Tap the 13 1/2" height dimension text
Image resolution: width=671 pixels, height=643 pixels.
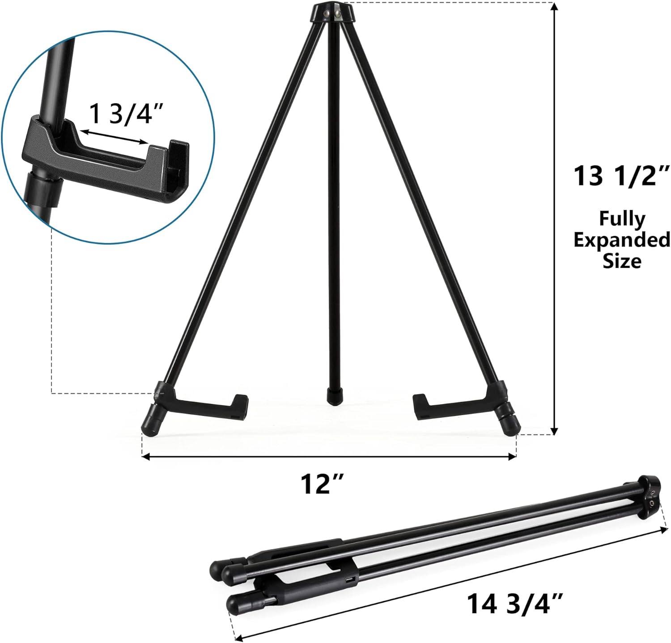click(x=621, y=176)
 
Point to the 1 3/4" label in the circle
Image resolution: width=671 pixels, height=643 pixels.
click(x=123, y=115)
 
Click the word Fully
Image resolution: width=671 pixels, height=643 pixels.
click(x=622, y=219)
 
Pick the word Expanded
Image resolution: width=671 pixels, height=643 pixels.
click(x=622, y=240)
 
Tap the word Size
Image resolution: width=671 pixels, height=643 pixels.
click(x=622, y=260)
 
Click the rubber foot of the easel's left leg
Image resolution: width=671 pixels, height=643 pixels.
click(x=149, y=425)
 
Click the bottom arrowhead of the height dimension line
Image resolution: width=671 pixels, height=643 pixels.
click(x=555, y=430)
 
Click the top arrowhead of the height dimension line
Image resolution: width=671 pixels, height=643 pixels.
click(x=555, y=6)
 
